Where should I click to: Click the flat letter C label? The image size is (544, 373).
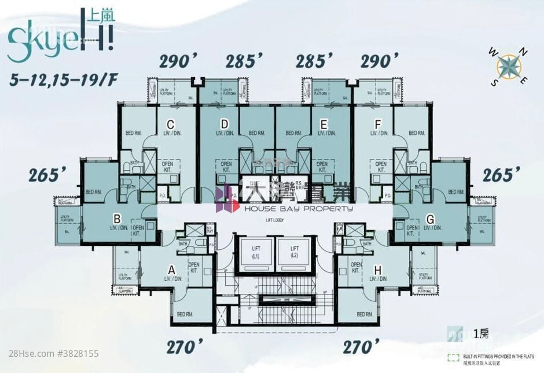tap(171, 123)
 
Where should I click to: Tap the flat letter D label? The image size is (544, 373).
tap(225, 123)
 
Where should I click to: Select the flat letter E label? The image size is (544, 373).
tap(324, 124)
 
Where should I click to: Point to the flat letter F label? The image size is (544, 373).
tap(378, 123)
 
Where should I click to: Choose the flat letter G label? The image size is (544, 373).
tap(429, 218)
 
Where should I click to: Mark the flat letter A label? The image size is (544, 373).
tap(171, 269)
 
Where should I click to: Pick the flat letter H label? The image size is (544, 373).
tap(378, 269)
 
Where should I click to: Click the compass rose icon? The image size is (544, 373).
tap(509, 65)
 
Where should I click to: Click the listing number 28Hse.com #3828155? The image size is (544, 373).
tap(49, 353)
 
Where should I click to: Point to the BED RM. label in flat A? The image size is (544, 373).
tap(185, 314)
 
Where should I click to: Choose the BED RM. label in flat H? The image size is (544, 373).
tap(365, 314)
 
